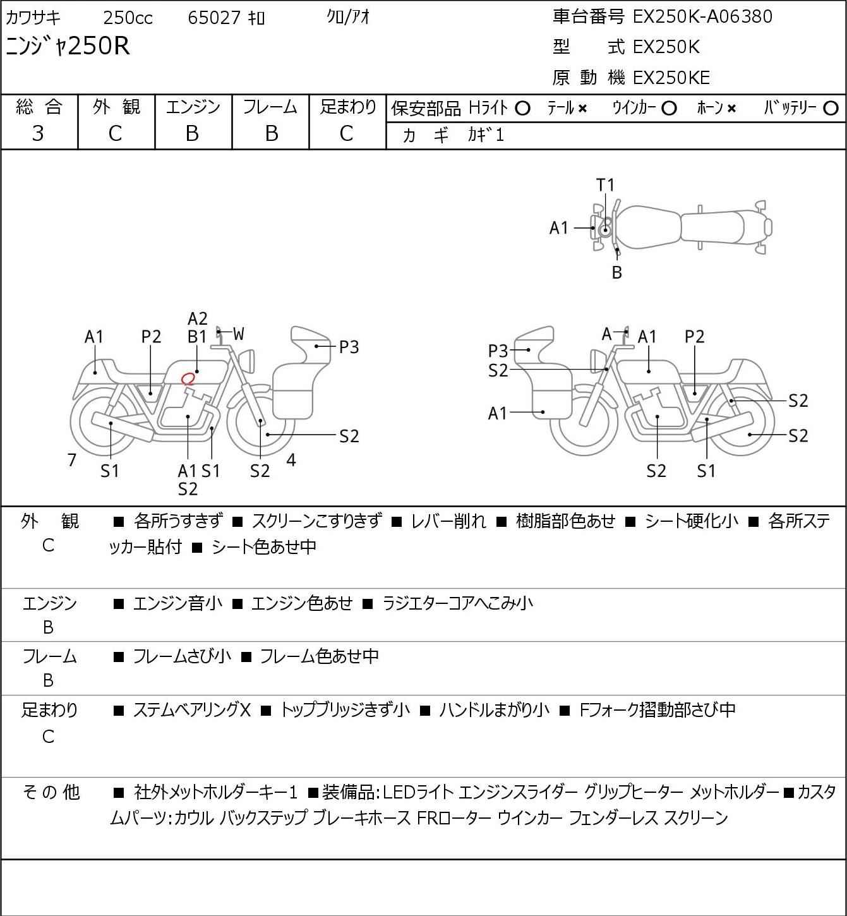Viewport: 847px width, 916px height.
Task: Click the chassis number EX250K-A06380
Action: coord(702,16)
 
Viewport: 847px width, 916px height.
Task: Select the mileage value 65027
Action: coord(214,18)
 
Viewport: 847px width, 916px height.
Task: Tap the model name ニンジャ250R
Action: coord(68,46)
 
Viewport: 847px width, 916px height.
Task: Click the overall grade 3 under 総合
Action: coord(38,134)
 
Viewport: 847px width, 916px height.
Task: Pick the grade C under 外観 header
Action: coord(115,134)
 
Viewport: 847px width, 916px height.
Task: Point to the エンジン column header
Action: coord(193,107)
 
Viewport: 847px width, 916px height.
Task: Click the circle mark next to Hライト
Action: coord(522,109)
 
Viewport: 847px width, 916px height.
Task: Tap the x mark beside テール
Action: coord(582,109)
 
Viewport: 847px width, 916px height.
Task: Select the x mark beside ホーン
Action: coord(731,109)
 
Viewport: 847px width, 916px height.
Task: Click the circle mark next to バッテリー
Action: coord(831,109)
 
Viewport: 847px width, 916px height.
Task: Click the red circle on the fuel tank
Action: coord(188,378)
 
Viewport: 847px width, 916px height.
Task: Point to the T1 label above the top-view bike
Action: coord(605,185)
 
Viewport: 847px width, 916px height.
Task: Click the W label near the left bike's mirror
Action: coord(239,334)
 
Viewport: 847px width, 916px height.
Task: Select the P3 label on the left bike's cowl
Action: coord(349,347)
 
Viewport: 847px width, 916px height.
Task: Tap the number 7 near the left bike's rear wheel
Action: coord(71,460)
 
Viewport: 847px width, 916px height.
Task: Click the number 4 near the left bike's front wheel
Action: coord(291,460)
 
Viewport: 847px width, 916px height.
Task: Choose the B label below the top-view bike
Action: coord(617,272)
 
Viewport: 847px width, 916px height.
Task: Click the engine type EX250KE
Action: coord(671,78)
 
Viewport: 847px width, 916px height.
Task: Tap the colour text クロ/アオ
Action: coord(348,17)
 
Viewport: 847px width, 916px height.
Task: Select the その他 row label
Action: coord(51,792)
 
